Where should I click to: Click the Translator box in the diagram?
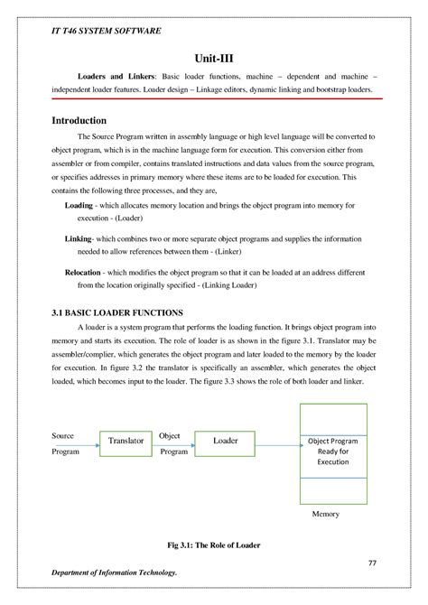click(126, 441)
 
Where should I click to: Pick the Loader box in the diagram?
click(225, 441)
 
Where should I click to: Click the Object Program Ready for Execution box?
click(333, 451)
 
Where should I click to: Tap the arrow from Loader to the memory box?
click(280, 442)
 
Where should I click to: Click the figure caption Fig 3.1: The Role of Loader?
click(214, 546)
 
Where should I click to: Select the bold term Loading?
click(85, 206)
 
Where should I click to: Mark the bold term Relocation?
click(89, 272)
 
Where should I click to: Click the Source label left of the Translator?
click(62, 435)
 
